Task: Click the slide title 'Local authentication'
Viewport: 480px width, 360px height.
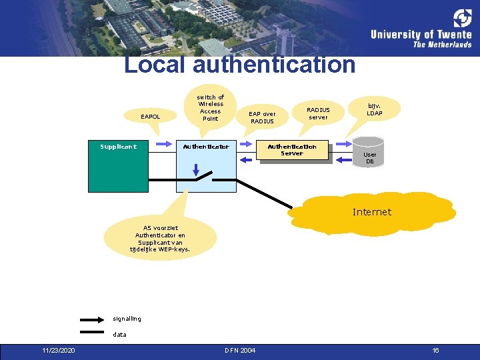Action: [x=240, y=65]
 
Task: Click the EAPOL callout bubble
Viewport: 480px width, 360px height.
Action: [x=151, y=117]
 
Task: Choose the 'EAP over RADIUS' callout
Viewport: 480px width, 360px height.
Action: [x=262, y=117]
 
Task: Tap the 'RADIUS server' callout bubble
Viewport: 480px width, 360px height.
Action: [x=318, y=113]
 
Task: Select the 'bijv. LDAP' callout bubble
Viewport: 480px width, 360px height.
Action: [x=374, y=109]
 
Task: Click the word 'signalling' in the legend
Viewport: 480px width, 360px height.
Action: [x=127, y=319]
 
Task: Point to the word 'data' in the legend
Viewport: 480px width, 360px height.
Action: [x=119, y=335]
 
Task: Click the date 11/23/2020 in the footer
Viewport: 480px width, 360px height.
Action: [x=59, y=351]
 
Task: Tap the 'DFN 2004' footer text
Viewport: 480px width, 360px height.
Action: [x=241, y=351]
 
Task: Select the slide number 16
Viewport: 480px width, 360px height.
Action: [x=435, y=351]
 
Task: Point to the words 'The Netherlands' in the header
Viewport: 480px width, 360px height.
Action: [x=442, y=45]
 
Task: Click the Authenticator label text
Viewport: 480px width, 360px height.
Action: [x=206, y=147]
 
